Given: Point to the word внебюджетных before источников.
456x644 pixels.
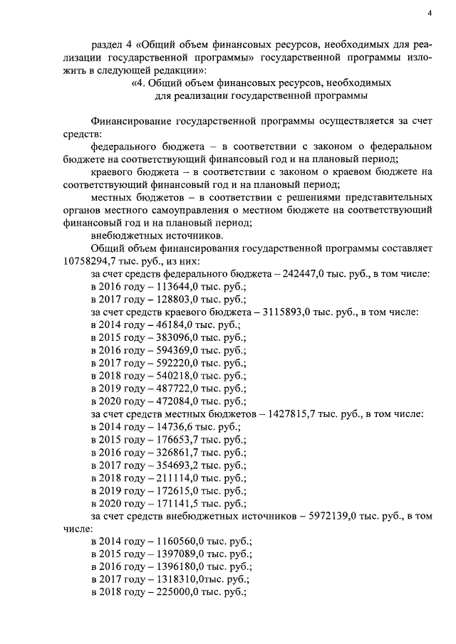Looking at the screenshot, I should point(124,236).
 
